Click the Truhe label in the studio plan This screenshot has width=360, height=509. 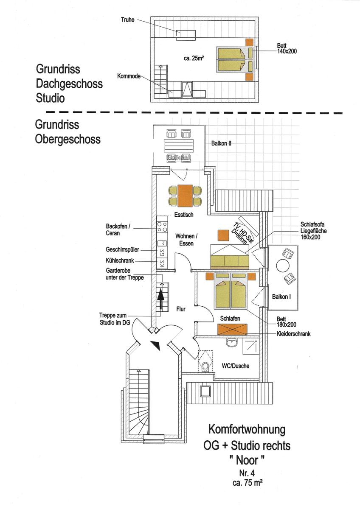pos(128,20)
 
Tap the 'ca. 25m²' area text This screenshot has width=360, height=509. pos(194,58)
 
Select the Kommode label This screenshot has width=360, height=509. pos(129,76)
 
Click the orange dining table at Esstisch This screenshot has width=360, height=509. pos(185,196)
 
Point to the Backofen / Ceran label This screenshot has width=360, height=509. pos(118,229)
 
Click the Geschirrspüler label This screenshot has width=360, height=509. pos(122,249)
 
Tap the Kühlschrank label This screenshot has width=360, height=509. pos(120,260)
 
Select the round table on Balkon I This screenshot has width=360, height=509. pos(283,266)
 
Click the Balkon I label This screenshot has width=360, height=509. pos(281,296)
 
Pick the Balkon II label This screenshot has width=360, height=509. pos(221,143)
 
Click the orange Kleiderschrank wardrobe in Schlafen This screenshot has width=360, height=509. pos(232,329)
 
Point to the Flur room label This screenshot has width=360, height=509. pos(181,309)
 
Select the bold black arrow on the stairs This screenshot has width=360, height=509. pos(161,298)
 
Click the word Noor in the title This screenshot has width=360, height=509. pos(247,460)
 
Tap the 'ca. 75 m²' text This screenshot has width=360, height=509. pos(247,483)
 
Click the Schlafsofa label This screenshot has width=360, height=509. pos(312,224)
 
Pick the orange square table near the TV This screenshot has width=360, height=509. pos(223,235)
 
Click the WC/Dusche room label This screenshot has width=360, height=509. pos(236,366)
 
